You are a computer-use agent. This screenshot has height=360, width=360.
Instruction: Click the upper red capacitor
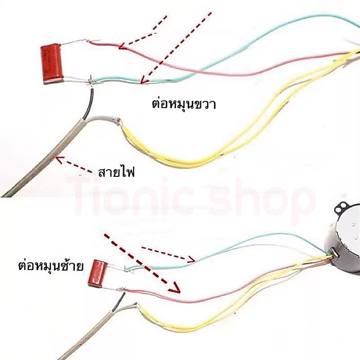coord(52,63)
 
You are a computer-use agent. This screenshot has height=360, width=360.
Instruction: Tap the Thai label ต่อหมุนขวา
coord(184,104)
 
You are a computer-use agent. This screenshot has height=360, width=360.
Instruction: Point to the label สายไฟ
coord(116,172)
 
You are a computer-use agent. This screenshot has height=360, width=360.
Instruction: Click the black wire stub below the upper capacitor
coord(89,104)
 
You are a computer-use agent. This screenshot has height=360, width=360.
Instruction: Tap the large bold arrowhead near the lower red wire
coord(175,287)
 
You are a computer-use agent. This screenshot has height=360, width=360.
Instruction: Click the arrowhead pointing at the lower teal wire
coord(192,259)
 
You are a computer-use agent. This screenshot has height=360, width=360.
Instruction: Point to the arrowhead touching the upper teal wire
coord(144,80)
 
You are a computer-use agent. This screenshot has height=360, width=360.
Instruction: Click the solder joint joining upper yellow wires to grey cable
coord(118,121)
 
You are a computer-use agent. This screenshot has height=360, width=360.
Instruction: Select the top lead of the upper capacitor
coord(74,43)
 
